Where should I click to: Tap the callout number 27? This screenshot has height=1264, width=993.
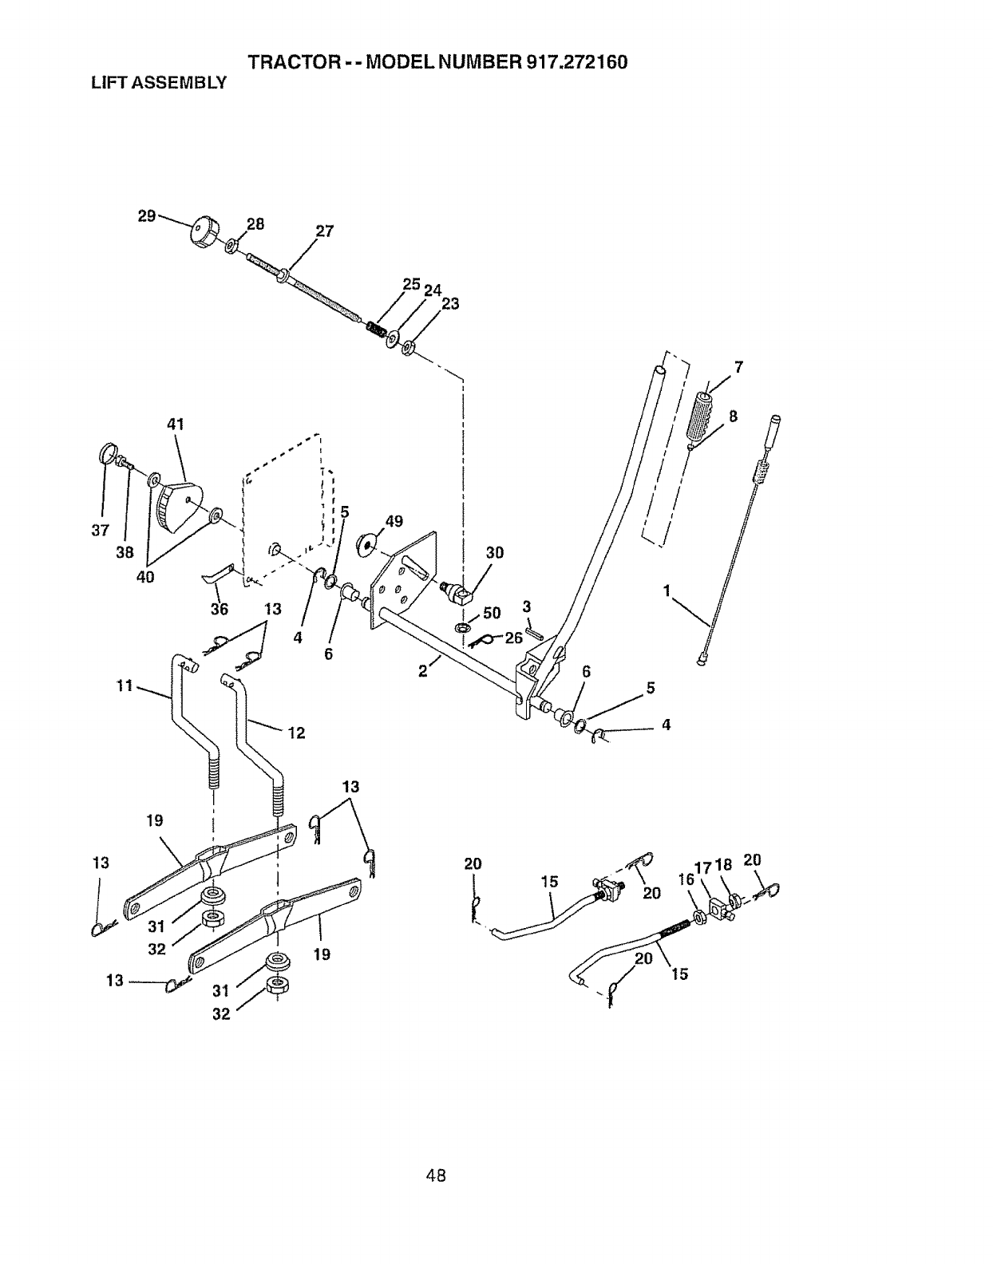click(x=324, y=232)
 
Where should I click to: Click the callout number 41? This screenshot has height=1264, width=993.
click(x=176, y=425)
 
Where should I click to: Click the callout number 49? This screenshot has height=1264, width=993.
click(x=394, y=522)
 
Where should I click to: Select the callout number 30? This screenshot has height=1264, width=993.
click(x=495, y=553)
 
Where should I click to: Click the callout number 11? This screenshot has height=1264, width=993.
click(x=124, y=685)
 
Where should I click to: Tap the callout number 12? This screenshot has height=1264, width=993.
click(x=296, y=733)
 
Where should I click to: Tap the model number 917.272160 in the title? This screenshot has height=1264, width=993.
click(x=576, y=62)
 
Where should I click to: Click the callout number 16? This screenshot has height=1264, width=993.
click(x=685, y=879)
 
